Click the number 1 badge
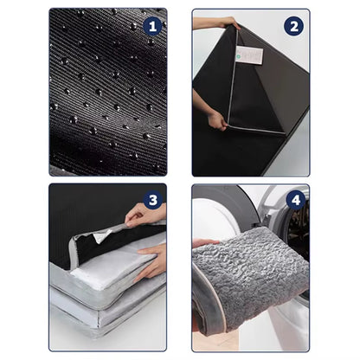pos(153,26)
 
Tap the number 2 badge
pos(293,26)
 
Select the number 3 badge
pos(153,201)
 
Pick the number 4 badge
pos(293,201)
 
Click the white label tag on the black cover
pos(249,55)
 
